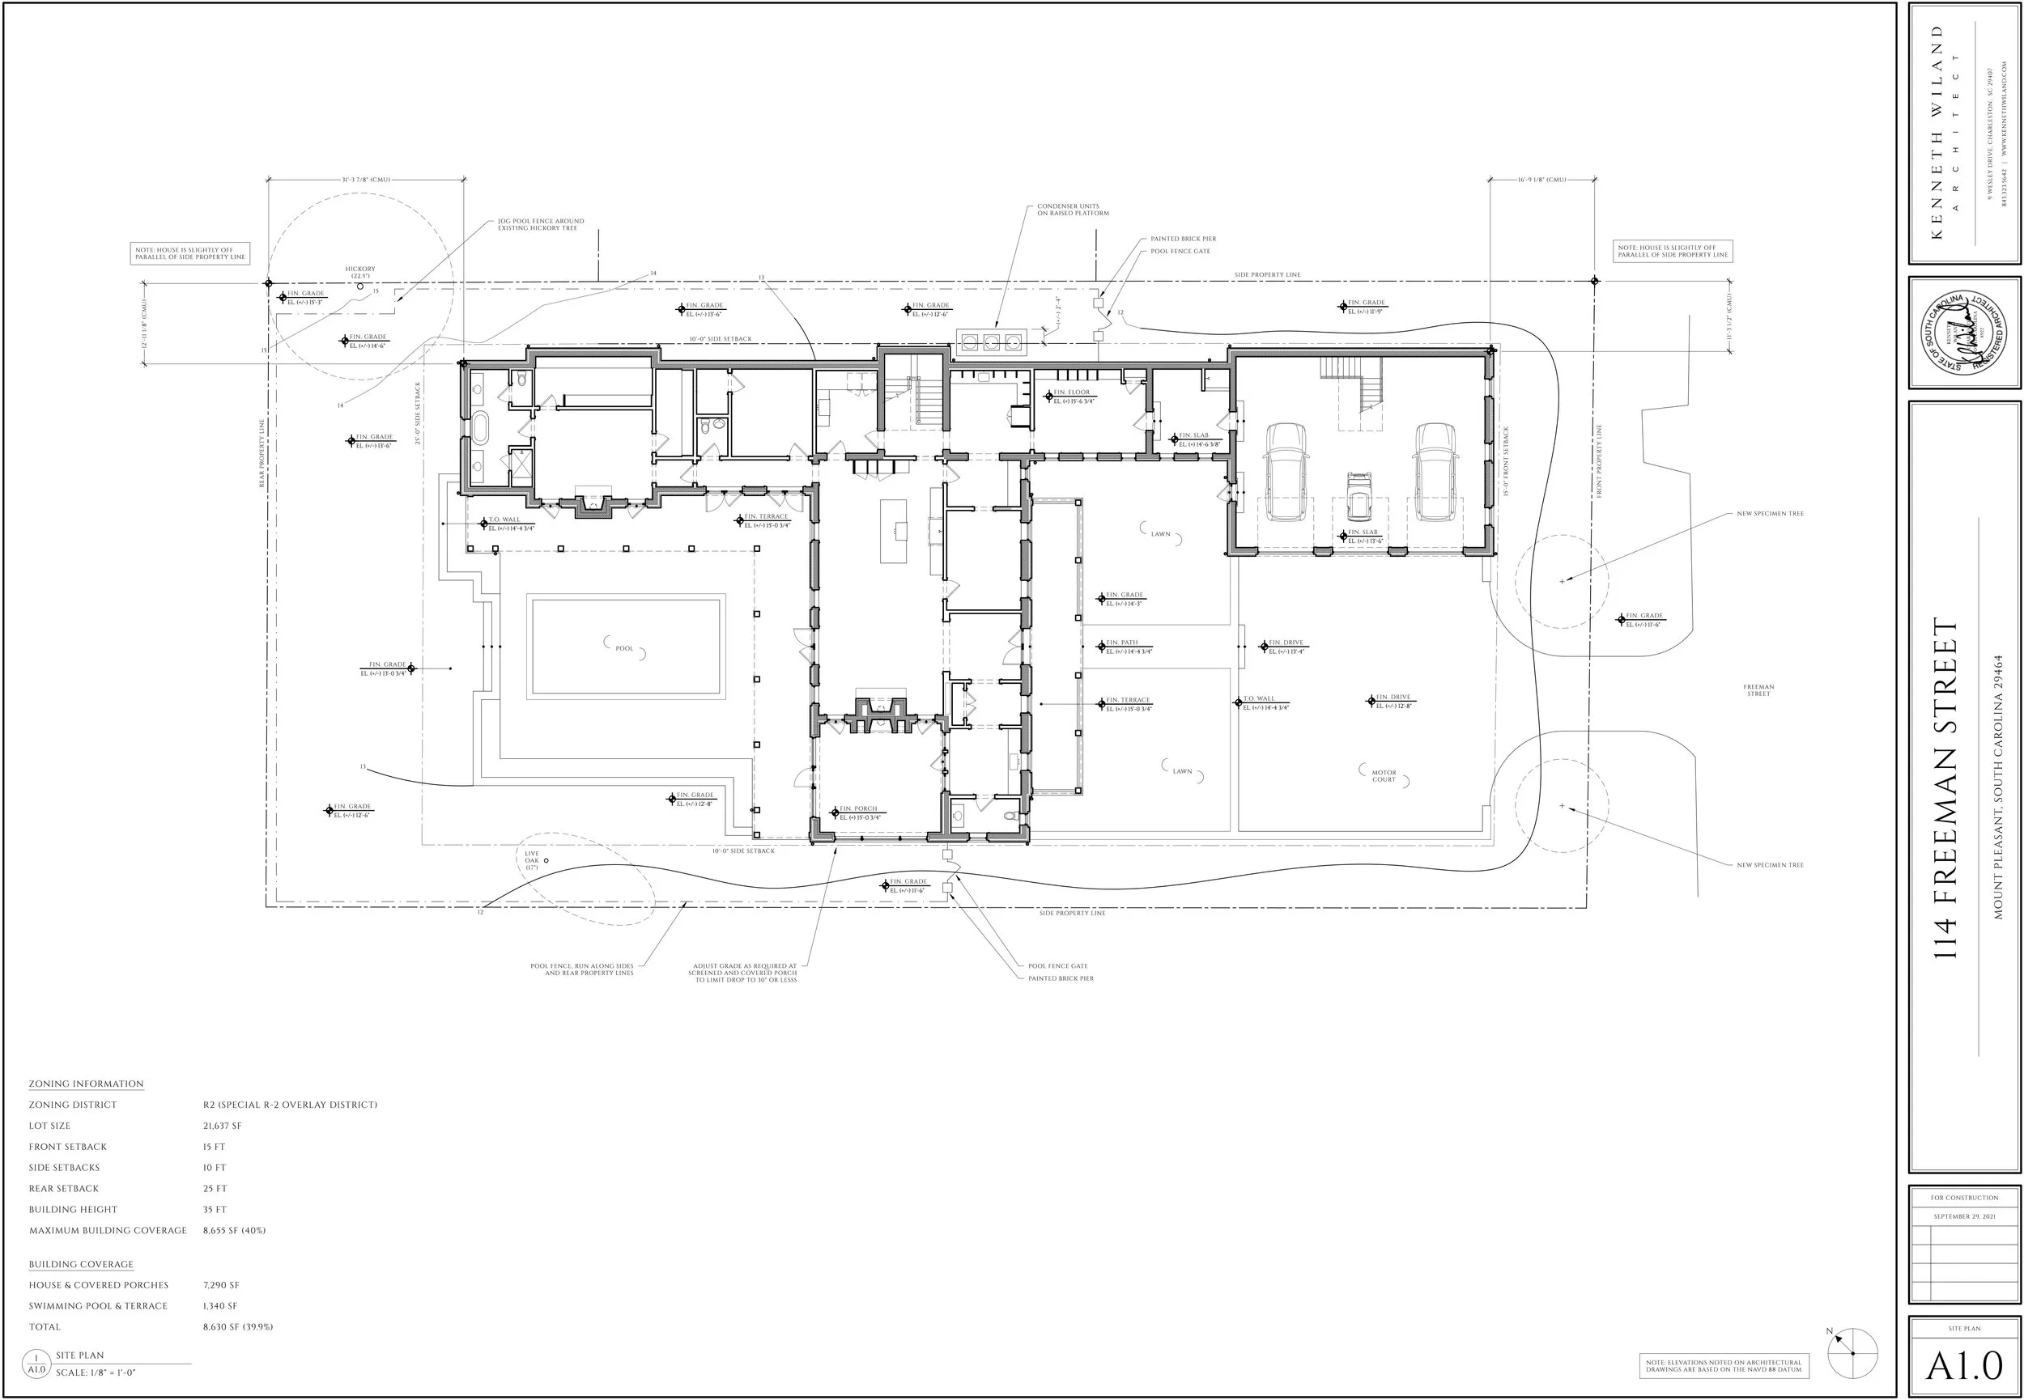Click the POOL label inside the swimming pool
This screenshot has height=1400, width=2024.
623,648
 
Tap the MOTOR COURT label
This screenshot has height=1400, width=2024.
1384,776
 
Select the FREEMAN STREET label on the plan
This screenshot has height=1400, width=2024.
1758,690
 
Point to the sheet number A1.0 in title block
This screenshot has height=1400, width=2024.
1964,1367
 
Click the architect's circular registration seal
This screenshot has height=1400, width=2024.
1963,333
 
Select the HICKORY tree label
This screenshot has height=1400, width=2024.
359,272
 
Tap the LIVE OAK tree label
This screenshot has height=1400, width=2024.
532,859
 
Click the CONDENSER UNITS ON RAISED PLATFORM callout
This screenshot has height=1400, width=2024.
1073,210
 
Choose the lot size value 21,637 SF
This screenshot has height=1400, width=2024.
222,1126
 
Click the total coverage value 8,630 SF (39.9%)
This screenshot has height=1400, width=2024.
238,1327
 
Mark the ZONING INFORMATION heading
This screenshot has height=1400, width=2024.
86,1084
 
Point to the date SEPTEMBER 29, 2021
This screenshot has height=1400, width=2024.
1963,1216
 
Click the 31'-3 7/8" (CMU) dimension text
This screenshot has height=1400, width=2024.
366,180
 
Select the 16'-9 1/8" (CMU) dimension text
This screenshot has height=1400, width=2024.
1541,180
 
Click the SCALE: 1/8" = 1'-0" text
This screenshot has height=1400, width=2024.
96,1372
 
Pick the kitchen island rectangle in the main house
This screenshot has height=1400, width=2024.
894,532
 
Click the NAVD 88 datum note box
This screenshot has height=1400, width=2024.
1723,1366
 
